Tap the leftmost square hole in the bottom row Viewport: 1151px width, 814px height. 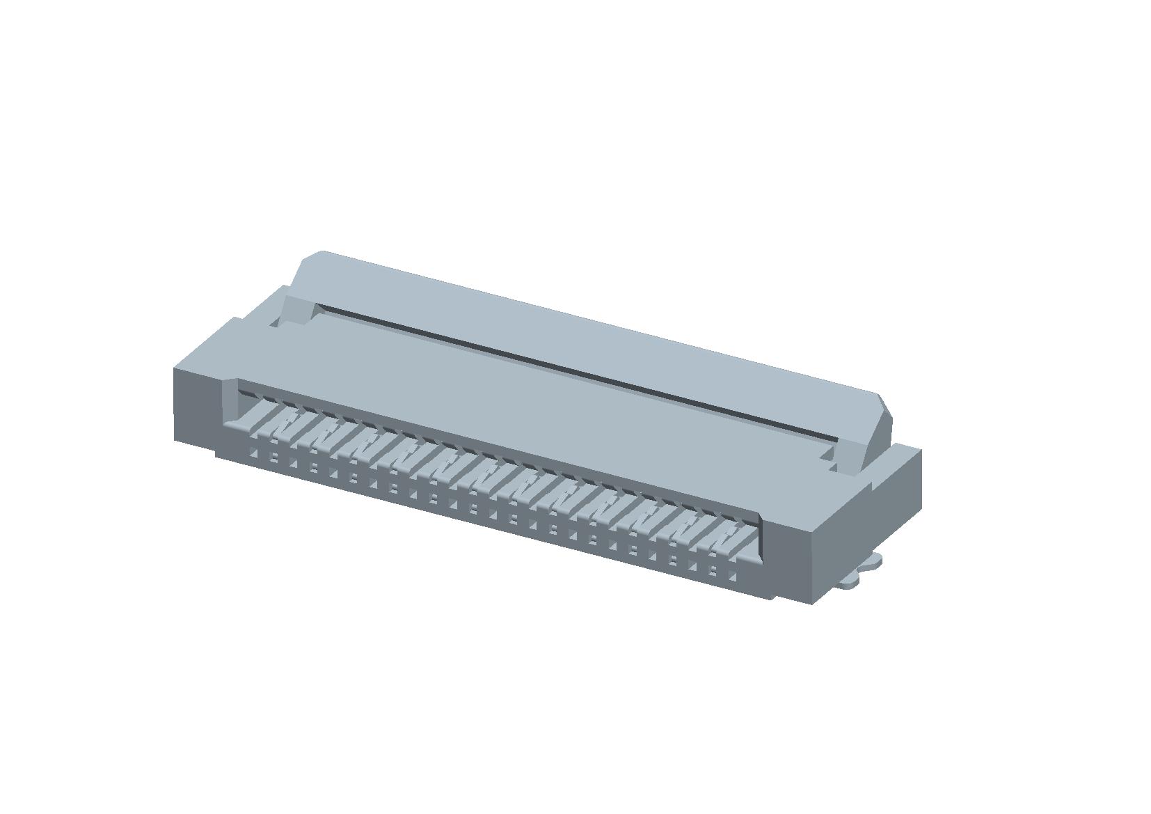(x=253, y=454)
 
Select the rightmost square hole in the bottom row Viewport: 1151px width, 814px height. (x=732, y=577)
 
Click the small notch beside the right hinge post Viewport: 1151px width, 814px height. (x=828, y=456)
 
